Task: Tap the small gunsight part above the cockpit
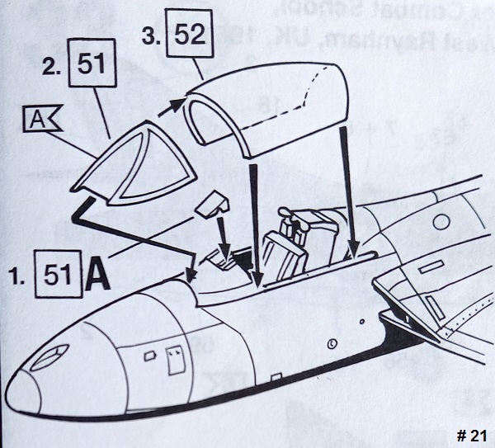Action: (214, 203)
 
